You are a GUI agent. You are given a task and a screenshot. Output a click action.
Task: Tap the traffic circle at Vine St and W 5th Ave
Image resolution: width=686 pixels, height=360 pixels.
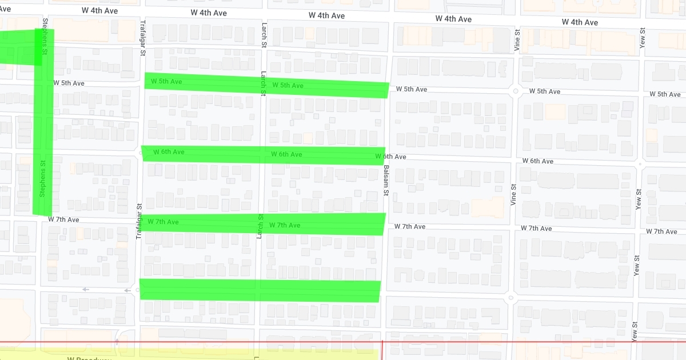(x=515, y=91)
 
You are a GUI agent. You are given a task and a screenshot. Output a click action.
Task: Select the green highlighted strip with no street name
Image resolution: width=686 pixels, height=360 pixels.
(x=260, y=290)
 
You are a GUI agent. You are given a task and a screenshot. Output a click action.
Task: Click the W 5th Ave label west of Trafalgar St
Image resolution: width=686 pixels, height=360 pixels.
(x=69, y=83)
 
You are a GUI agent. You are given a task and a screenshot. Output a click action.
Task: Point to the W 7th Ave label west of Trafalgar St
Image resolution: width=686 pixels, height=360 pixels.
(x=63, y=219)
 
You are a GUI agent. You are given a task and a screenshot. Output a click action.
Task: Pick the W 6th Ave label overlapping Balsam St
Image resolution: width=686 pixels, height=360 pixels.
(x=390, y=157)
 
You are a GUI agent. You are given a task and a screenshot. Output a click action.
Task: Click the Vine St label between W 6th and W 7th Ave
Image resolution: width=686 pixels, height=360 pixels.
(x=513, y=194)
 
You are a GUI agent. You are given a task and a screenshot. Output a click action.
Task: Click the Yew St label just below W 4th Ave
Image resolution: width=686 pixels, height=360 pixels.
(x=643, y=38)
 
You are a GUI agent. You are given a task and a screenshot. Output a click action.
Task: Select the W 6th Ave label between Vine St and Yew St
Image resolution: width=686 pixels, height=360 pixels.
(x=541, y=161)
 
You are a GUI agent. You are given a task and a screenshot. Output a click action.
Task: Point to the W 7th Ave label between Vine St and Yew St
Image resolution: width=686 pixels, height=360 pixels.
(x=536, y=228)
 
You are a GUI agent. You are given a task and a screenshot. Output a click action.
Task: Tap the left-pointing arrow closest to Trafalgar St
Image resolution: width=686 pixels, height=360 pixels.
(x=127, y=290)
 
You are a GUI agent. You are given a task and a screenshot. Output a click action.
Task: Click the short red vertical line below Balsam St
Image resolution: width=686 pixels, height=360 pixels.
(x=382, y=350)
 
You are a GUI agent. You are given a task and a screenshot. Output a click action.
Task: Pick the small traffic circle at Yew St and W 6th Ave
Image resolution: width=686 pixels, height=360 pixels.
(x=640, y=164)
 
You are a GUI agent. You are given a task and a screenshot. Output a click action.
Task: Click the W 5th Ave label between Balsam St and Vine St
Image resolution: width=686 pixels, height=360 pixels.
(x=412, y=89)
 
